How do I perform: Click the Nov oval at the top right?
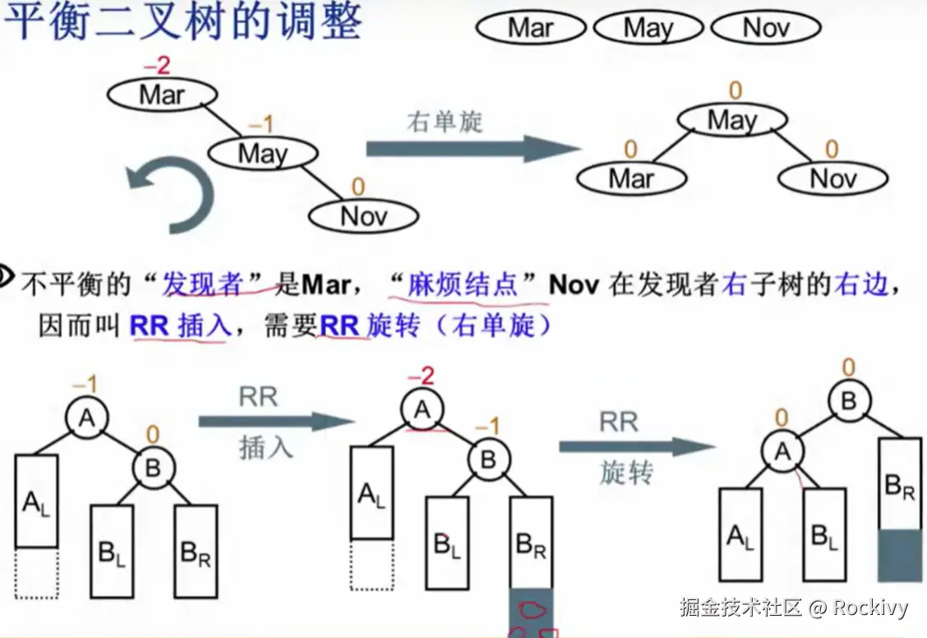(765, 28)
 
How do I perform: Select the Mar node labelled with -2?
(162, 95)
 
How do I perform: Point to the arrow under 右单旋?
(473, 149)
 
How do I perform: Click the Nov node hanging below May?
(363, 216)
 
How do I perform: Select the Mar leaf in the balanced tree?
(631, 178)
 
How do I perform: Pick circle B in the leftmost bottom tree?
(154, 468)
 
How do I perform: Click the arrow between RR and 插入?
(276, 422)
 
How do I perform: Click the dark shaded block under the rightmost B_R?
(900, 557)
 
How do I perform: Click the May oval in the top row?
(648, 28)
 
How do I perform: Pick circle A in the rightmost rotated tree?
(782, 451)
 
